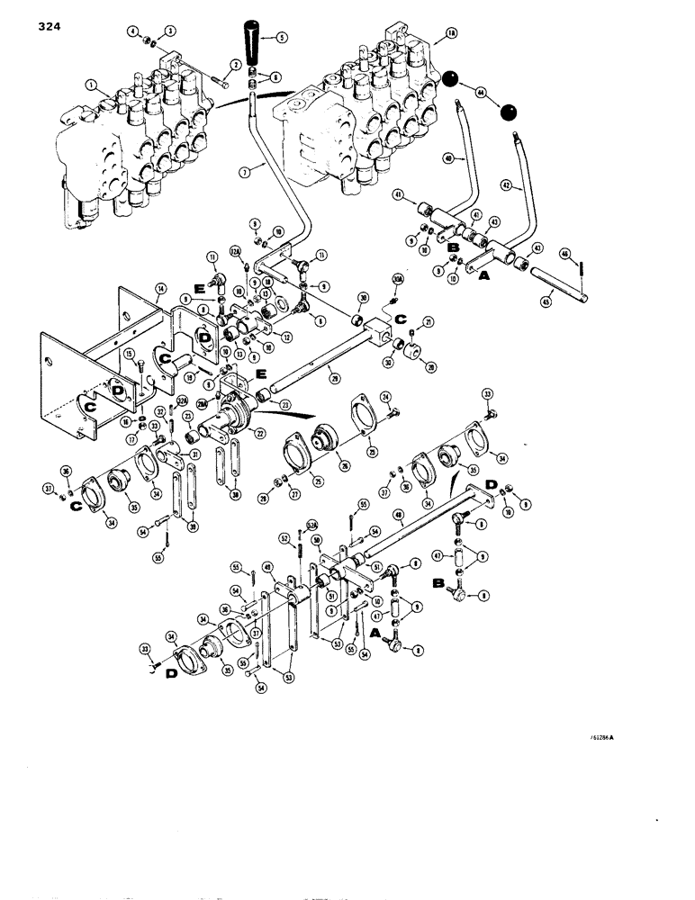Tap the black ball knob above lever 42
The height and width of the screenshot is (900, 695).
pyautogui.click(x=510, y=112)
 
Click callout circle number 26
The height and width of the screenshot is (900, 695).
pyautogui.click(x=346, y=464)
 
